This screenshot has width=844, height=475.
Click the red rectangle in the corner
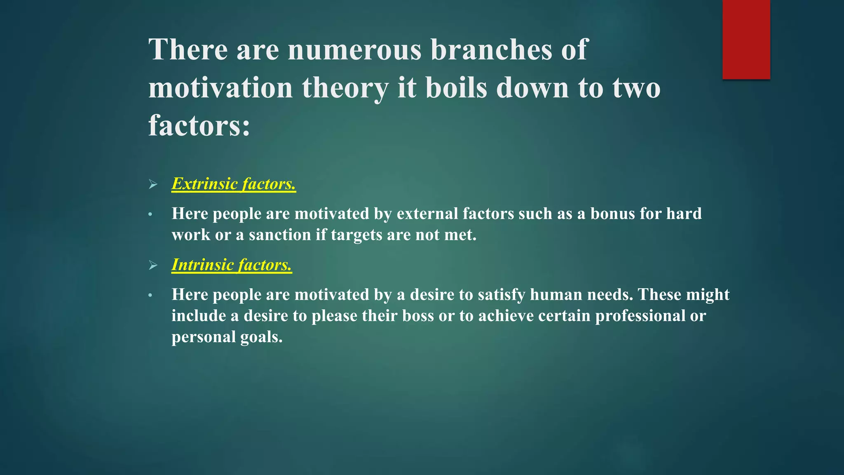tap(746, 40)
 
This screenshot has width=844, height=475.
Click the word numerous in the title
tap(354, 49)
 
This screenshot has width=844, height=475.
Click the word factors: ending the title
tap(199, 125)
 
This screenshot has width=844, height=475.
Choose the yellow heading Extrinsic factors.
tap(234, 184)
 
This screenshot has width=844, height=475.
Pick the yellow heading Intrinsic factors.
tap(232, 265)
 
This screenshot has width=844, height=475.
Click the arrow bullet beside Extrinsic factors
tap(153, 184)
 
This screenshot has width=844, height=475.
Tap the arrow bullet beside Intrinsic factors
tap(153, 265)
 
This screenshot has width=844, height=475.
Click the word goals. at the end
tap(261, 337)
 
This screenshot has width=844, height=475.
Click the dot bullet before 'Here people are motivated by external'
tap(150, 214)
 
